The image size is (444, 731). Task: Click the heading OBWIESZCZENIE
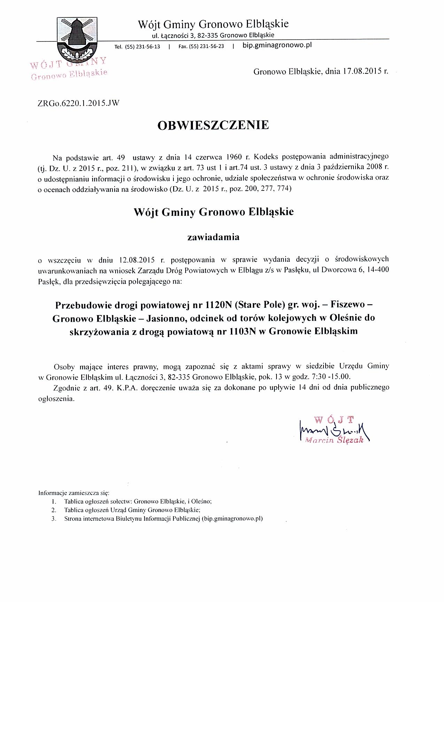213,125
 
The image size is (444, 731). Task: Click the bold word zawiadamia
213,237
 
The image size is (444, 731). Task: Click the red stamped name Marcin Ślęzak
334,440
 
